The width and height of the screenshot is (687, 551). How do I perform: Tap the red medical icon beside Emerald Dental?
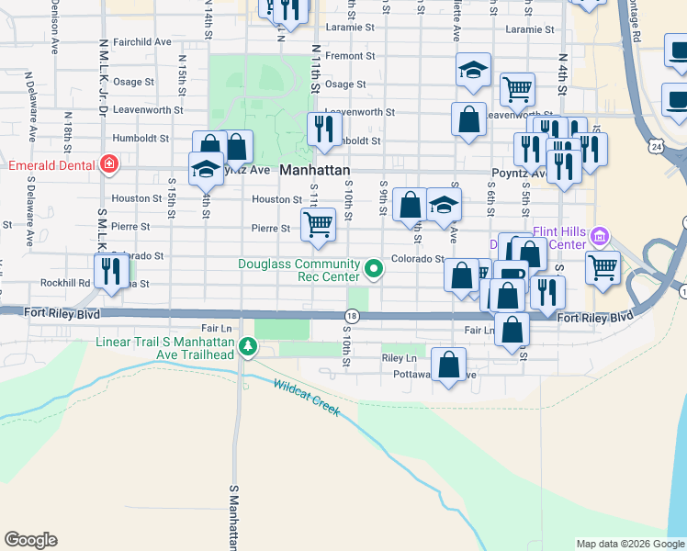pos(109,164)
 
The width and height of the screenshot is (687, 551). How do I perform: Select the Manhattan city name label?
pos(314,171)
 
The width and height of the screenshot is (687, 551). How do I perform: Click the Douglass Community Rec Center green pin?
pos(374,269)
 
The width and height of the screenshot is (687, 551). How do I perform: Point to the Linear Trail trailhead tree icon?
pos(246,347)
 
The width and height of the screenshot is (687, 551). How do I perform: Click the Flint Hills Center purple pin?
pos(601,237)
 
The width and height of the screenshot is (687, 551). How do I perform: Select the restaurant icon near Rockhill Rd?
pos(112,271)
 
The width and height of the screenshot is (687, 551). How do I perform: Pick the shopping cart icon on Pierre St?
pos(318,223)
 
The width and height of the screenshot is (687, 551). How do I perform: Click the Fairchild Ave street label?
pos(143,41)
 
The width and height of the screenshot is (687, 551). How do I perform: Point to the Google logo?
pos(30,540)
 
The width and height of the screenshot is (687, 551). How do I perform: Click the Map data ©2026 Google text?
pos(630,544)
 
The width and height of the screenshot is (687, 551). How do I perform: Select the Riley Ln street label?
pos(398,357)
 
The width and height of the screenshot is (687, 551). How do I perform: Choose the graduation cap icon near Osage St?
pos(473,70)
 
